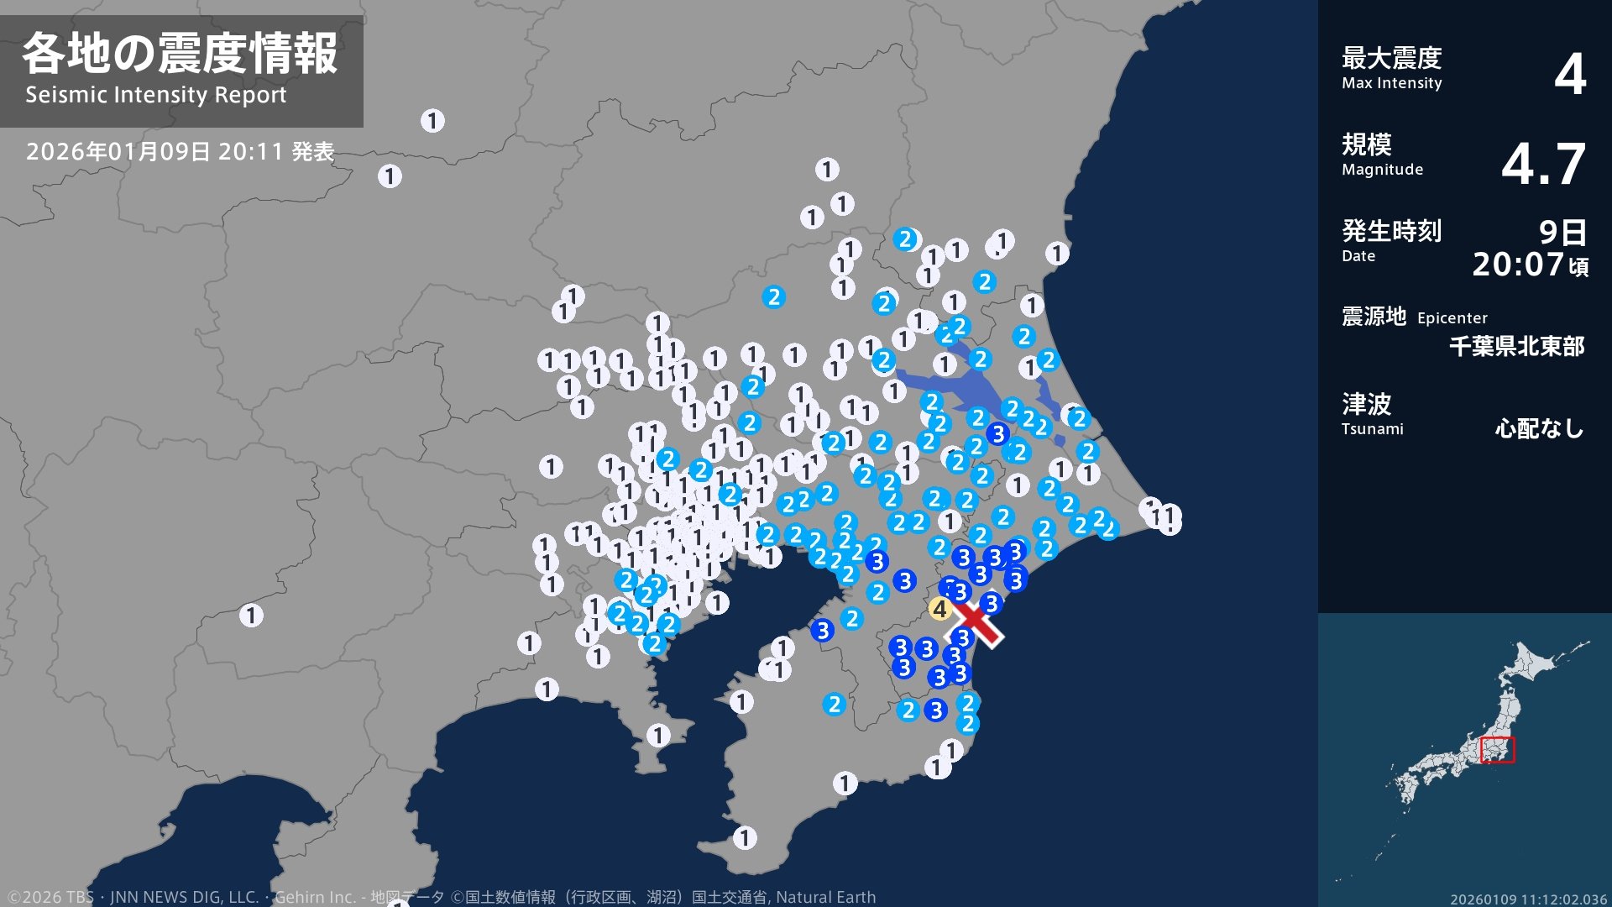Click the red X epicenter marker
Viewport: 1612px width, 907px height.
974,620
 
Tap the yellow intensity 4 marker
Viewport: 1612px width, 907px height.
939,609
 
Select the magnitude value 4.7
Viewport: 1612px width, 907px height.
1543,164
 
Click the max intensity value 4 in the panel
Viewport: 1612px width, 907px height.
1569,74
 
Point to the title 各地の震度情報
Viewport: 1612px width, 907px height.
180,54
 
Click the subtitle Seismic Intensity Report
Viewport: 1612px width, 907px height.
155,95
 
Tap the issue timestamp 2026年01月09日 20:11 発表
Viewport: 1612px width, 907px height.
180,152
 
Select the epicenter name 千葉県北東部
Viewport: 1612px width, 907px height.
1516,346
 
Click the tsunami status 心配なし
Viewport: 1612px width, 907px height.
1539,428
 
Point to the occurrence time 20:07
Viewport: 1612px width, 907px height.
1518,265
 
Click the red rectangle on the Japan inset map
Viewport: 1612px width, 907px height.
1497,750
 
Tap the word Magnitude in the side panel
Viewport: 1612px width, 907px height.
1382,170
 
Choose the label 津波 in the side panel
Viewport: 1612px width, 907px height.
1366,404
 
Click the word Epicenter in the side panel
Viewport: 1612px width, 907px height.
1452,318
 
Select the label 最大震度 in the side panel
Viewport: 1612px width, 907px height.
1391,58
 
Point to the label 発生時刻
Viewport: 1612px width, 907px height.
1391,230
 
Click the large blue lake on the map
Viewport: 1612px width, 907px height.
966,385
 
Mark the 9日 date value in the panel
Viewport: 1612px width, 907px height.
1562,232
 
